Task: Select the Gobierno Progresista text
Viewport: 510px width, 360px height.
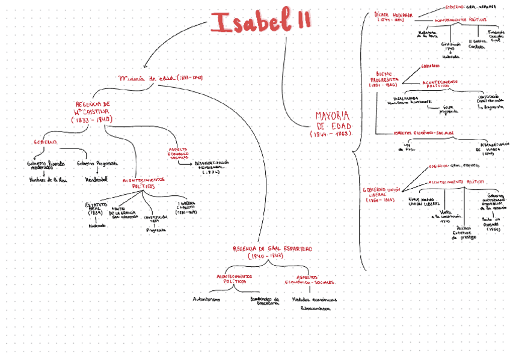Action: tap(97, 163)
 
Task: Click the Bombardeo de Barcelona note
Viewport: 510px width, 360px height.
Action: tap(264, 301)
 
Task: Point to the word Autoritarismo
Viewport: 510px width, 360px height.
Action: tap(206, 299)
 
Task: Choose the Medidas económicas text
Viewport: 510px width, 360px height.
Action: tap(314, 299)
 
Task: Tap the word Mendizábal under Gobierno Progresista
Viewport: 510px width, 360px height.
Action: tap(96, 179)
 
